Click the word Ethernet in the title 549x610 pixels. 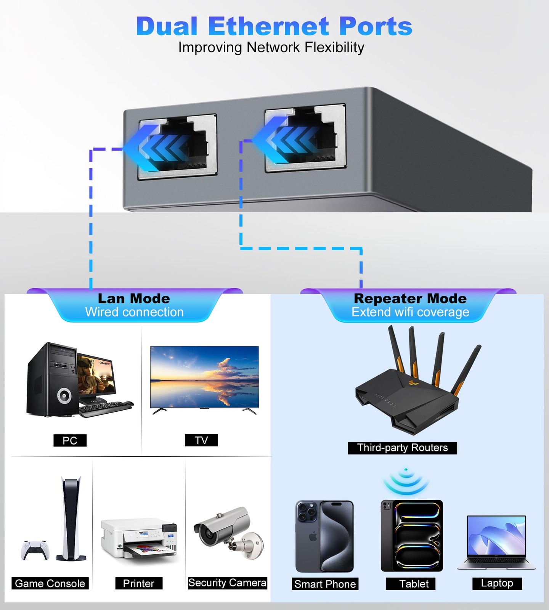click(268, 27)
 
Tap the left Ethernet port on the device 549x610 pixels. click(178, 146)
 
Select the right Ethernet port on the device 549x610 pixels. click(305, 139)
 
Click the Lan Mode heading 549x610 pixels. click(134, 299)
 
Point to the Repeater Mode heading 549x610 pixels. click(410, 299)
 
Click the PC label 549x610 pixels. click(70, 440)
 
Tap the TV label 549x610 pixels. click(201, 440)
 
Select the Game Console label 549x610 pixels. click(50, 583)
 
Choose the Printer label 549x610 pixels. click(139, 583)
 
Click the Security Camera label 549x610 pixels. click(227, 583)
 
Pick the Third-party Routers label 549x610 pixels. click(402, 448)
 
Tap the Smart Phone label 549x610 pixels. click(325, 584)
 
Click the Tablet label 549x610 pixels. click(414, 584)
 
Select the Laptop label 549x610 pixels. click(497, 583)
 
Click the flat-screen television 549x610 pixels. click(204, 377)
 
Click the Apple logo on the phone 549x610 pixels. click(313, 537)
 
